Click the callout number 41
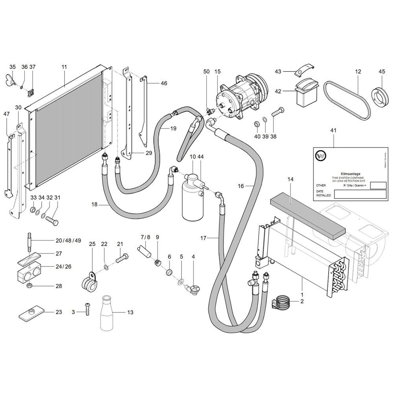(x=334, y=130)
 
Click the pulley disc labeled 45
(x=380, y=96)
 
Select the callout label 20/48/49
(x=68, y=241)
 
